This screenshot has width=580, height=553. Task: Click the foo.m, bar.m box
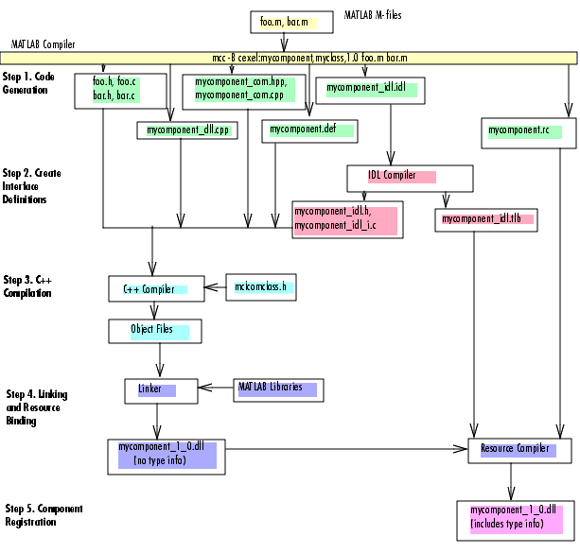(x=291, y=22)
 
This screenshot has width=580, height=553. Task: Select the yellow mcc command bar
(x=289, y=58)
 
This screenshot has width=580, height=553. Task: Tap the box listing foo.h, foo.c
(x=120, y=91)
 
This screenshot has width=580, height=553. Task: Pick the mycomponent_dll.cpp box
(x=187, y=130)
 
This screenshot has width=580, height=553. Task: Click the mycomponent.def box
(x=309, y=130)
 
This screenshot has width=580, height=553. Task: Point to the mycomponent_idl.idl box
(x=370, y=91)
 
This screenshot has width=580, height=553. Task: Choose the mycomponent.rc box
(x=529, y=133)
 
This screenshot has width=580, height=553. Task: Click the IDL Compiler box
(x=410, y=179)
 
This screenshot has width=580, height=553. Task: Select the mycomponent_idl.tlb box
(x=486, y=220)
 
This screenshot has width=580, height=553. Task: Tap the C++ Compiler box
(x=156, y=288)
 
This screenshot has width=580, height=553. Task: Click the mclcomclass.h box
(x=261, y=287)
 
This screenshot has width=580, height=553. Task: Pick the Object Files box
(x=155, y=331)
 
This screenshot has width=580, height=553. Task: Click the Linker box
(x=161, y=391)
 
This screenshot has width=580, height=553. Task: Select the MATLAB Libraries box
(x=278, y=390)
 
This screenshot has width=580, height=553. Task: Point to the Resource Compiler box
(x=519, y=451)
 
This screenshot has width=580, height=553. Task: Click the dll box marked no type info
(x=167, y=457)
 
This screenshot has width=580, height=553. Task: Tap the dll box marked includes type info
(x=516, y=521)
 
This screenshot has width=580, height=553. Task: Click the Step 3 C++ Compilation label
(x=27, y=286)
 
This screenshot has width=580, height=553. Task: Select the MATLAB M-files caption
(x=373, y=15)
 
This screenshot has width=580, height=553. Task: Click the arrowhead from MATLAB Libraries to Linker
(x=205, y=388)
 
